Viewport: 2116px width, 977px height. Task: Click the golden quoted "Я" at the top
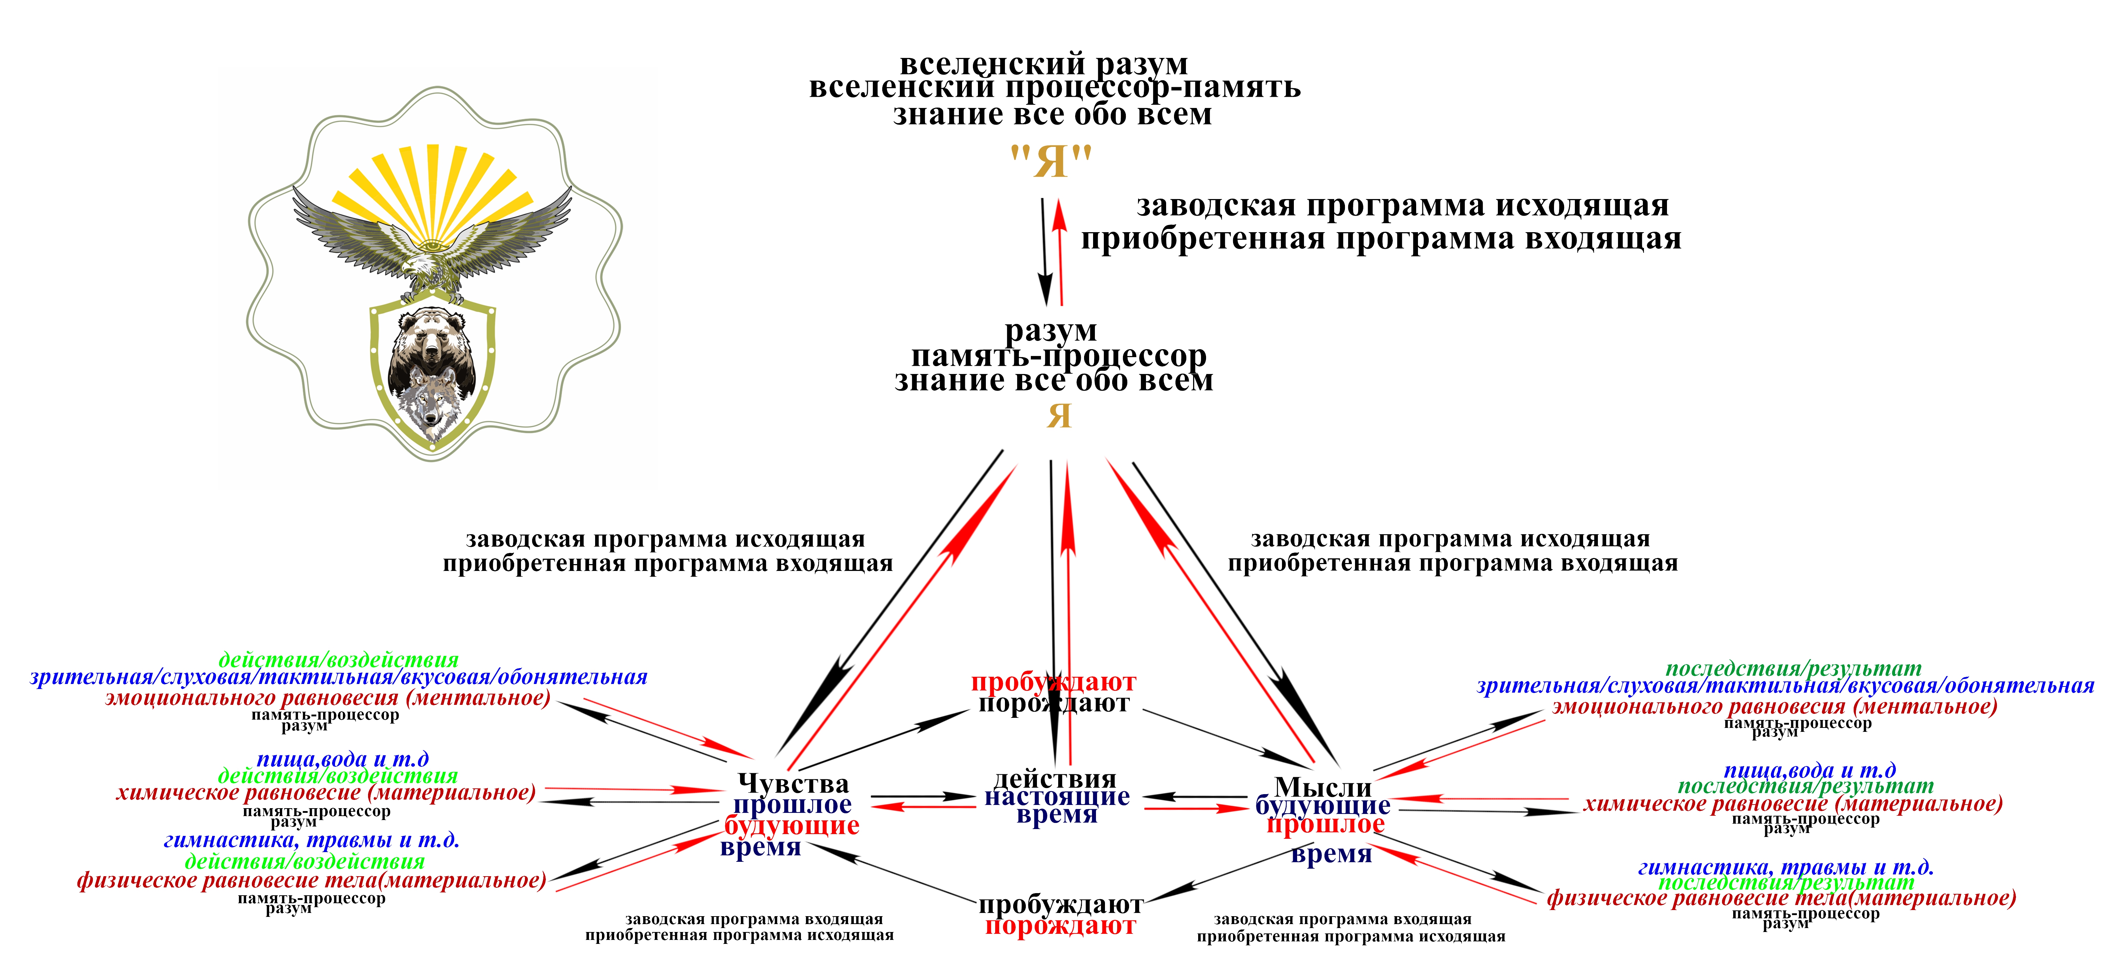tap(1051, 161)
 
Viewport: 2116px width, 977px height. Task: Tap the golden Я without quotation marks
tap(1059, 416)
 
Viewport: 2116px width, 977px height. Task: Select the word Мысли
tap(1323, 786)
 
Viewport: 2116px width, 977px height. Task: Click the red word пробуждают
tap(1053, 682)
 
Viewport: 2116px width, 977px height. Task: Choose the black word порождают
tap(1053, 703)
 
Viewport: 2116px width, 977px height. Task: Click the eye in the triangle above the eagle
tap(432, 244)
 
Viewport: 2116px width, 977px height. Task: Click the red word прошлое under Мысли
tap(1325, 824)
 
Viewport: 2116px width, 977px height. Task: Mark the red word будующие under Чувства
tap(792, 826)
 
